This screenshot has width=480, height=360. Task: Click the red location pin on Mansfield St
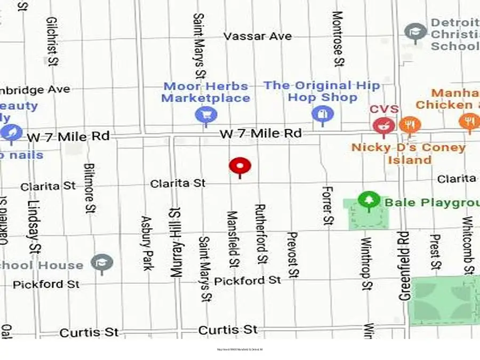[x=240, y=166]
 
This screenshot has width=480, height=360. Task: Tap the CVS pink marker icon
[x=382, y=126]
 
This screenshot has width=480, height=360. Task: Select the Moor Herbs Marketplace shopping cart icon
[x=205, y=114]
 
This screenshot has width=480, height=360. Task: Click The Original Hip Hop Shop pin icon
[x=322, y=114]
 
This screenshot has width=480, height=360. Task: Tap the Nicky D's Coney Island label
[x=409, y=154]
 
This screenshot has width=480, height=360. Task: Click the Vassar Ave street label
[x=258, y=36]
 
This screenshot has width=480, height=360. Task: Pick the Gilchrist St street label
[x=52, y=42]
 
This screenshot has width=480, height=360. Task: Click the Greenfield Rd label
[x=403, y=265]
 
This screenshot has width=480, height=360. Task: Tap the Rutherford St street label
[x=261, y=233]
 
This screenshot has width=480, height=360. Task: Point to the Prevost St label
[x=292, y=255]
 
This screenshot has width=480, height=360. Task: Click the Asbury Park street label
[x=147, y=243]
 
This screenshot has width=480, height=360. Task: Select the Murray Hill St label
[x=175, y=241]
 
